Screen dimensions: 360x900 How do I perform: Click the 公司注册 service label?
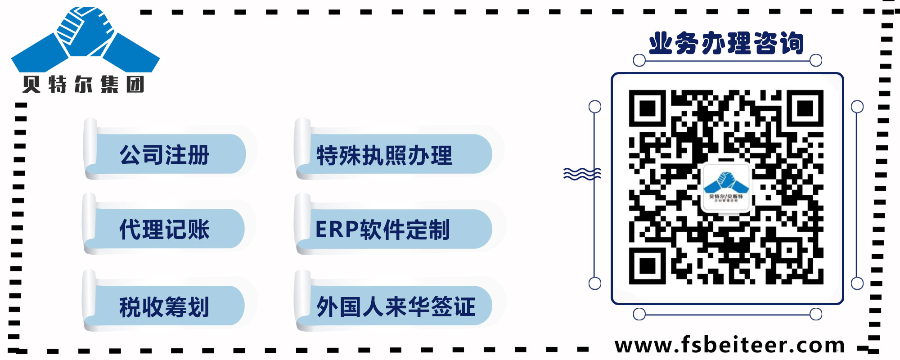[165, 155]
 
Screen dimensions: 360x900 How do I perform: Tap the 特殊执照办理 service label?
[384, 156]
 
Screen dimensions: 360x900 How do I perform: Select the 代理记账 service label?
[165, 229]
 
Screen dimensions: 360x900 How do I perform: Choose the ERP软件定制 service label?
[382, 229]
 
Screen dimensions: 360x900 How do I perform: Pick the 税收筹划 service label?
[165, 307]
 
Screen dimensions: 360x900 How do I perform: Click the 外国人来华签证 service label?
[396, 307]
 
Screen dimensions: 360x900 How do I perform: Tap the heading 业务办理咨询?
[726, 44]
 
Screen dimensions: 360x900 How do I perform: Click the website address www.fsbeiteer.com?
[729, 345]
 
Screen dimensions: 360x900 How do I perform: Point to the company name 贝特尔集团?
[84, 85]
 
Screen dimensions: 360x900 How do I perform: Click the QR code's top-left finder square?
[647, 108]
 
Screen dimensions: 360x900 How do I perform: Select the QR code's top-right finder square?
[805, 108]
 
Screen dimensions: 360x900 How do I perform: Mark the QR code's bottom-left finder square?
[647, 266]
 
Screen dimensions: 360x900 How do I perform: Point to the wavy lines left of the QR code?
[582, 174]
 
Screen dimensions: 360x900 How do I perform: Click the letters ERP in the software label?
[337, 229]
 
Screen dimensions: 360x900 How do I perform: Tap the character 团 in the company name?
[135, 85]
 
